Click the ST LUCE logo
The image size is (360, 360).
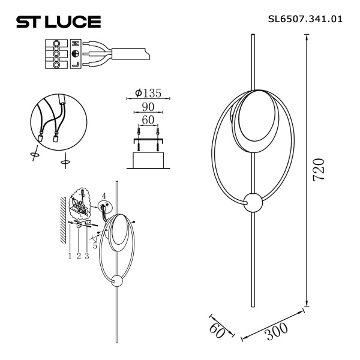(58, 22)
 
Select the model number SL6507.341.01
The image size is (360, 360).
(305, 19)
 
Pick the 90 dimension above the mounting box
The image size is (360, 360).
(148, 107)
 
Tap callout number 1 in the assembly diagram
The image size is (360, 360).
(70, 256)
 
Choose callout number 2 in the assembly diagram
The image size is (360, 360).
(79, 256)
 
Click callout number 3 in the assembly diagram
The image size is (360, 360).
(87, 256)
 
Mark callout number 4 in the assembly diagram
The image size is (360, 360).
(103, 196)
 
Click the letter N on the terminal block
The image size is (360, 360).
(75, 44)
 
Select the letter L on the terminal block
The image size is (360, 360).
(75, 64)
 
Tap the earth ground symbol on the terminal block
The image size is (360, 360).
(75, 54)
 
